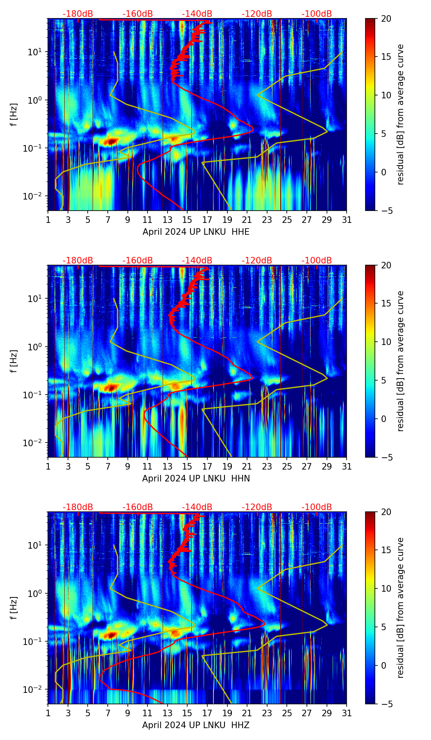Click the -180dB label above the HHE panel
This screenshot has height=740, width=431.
pyautogui.click(x=78, y=14)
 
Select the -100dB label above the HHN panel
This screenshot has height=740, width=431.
pyautogui.click(x=317, y=261)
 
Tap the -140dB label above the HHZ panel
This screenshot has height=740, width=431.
pyautogui.click(x=197, y=507)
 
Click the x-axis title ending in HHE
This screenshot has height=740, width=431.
pyautogui.click(x=196, y=232)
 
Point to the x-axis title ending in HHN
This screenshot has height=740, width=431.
pyautogui.click(x=196, y=479)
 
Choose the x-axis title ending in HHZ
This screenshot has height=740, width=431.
pyautogui.click(x=196, y=725)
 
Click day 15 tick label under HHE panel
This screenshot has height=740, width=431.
pyautogui.click(x=187, y=220)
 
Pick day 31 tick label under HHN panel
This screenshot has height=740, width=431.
pyautogui.click(x=347, y=467)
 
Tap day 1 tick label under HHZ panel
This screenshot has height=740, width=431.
pyautogui.click(x=48, y=713)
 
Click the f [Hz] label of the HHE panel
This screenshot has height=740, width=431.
pyautogui.click(x=14, y=115)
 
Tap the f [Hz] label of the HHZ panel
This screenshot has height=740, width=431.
pyautogui.click(x=14, y=608)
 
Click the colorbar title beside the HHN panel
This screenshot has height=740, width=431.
pyautogui.click(x=401, y=361)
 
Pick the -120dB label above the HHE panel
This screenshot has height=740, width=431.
pyautogui.click(x=257, y=14)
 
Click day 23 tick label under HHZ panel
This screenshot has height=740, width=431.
pyautogui.click(x=267, y=713)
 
